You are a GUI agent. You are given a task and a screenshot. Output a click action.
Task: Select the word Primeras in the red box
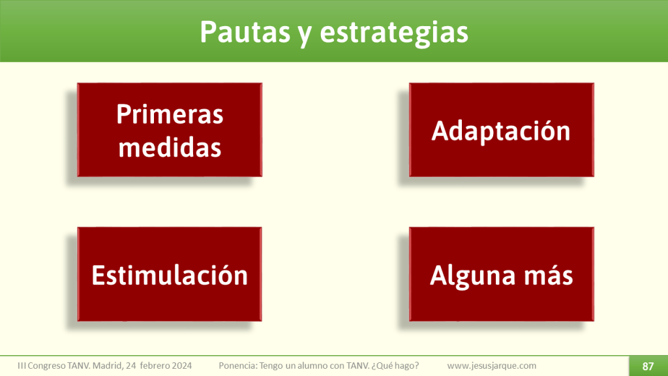click(x=170, y=114)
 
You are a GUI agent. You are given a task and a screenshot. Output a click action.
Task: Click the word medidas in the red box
click(x=170, y=148)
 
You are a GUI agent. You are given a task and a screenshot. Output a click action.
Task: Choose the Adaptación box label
click(x=501, y=131)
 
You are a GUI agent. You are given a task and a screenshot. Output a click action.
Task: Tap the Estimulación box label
click(x=170, y=275)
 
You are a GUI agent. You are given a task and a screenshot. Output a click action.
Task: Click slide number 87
click(x=648, y=366)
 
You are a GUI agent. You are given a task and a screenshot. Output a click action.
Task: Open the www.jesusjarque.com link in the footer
click(x=492, y=366)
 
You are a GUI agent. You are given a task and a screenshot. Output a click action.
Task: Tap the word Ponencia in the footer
click(x=238, y=366)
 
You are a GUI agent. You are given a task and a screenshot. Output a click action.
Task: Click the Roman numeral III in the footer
click(x=22, y=366)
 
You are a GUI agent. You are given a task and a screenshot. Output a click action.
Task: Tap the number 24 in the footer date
click(x=134, y=366)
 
